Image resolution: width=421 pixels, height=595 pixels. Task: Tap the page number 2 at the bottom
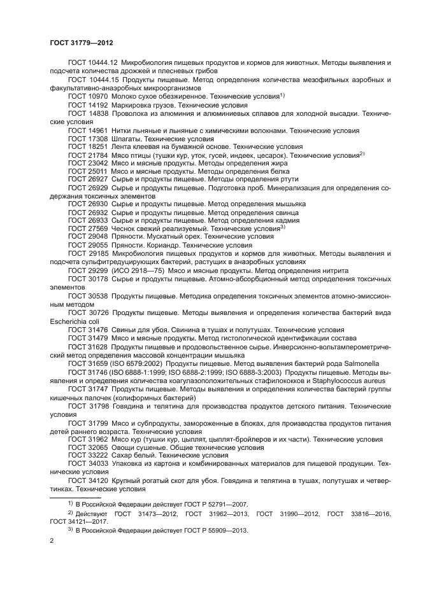pyautogui.click(x=52, y=541)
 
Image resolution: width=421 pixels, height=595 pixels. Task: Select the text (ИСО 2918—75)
pyautogui.click(x=135, y=270)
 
